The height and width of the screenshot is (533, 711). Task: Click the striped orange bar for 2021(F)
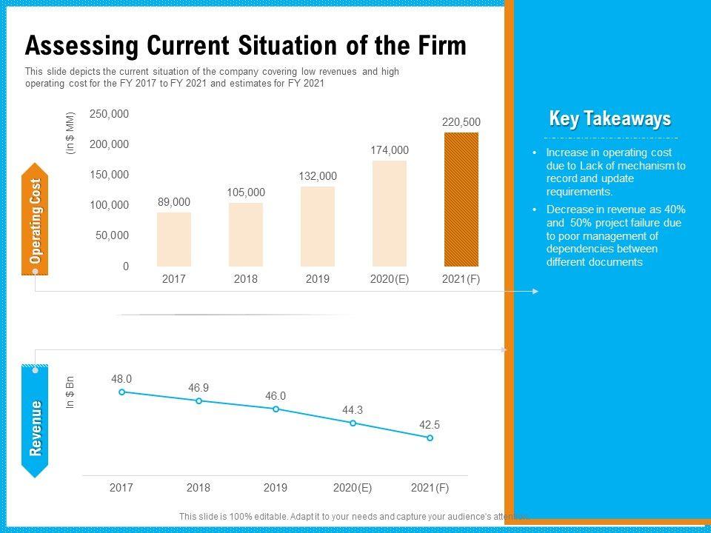461,199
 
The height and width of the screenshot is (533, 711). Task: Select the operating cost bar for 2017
174,239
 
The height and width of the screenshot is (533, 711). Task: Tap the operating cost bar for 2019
318,226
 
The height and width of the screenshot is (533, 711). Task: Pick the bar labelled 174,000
390,213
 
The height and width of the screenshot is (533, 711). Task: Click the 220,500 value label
461,122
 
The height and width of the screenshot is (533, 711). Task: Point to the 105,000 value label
246,192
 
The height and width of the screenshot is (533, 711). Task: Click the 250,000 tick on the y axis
110,114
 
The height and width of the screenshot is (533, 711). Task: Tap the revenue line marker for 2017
122,392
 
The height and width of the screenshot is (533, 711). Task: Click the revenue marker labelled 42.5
430,438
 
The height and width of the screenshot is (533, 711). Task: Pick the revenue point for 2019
276,409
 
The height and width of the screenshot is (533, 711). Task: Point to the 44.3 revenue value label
353,410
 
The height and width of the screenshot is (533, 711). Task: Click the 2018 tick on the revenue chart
198,488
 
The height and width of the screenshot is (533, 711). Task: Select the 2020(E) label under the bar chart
390,279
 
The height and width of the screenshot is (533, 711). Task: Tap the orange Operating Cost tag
36,221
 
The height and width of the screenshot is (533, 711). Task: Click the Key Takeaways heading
610,119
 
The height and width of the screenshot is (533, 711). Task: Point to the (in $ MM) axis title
71,133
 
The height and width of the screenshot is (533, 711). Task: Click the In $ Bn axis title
71,394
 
